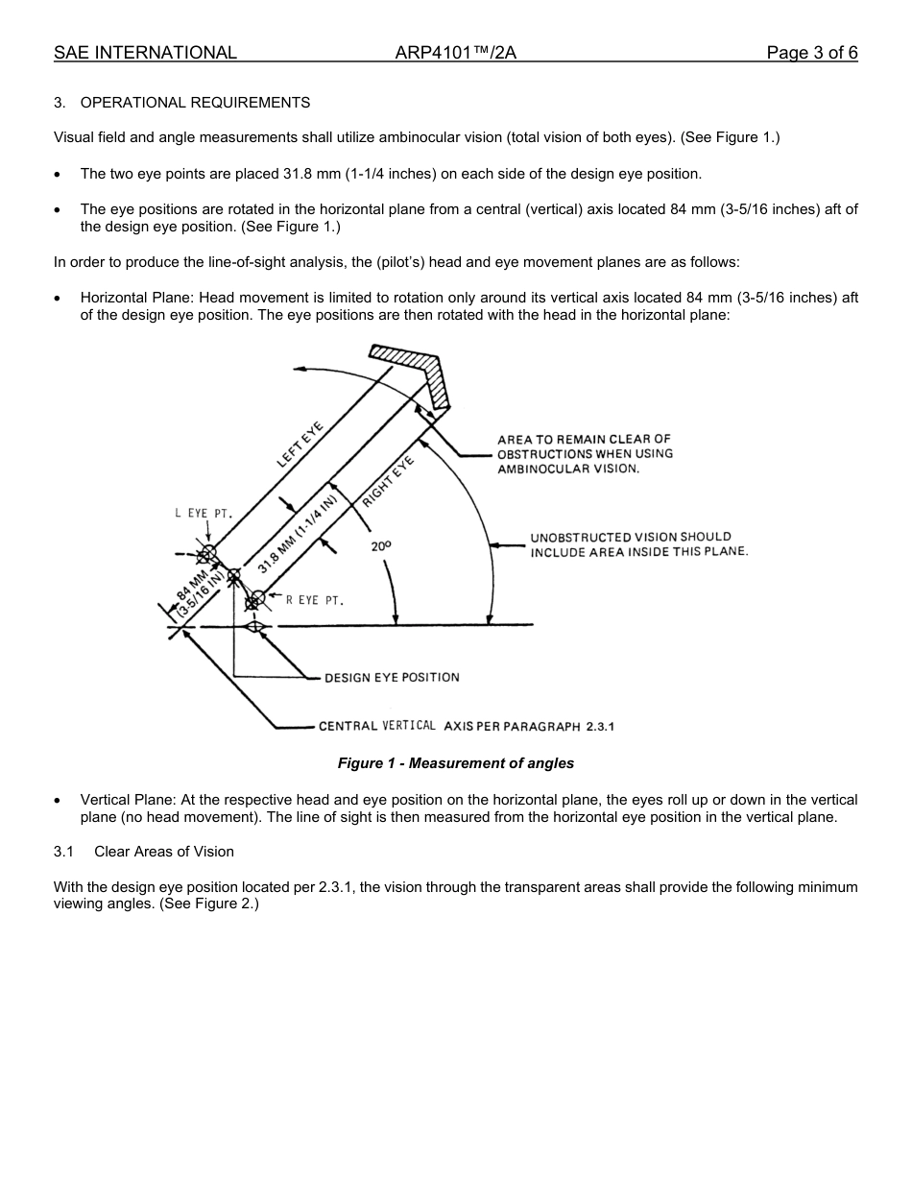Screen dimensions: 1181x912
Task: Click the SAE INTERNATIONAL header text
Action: [145, 53]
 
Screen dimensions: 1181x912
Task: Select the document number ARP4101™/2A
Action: [455, 53]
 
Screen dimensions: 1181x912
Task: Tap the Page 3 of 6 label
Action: [811, 53]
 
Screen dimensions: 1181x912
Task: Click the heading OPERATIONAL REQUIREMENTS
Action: [195, 102]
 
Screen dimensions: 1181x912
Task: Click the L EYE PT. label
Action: [203, 514]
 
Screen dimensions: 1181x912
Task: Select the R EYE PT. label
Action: [314, 600]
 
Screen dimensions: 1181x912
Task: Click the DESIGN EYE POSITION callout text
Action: [392, 678]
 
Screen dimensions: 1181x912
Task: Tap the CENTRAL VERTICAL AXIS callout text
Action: [466, 726]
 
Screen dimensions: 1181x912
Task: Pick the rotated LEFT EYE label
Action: [300, 445]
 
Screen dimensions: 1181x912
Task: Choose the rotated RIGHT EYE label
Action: [388, 481]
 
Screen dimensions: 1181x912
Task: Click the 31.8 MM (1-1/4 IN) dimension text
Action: [298, 534]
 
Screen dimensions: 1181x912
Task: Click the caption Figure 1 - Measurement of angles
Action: [455, 763]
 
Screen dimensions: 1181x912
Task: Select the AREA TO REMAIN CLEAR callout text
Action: [585, 454]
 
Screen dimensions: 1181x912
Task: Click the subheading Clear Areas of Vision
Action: [163, 852]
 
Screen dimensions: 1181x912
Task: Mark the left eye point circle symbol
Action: [208, 553]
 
